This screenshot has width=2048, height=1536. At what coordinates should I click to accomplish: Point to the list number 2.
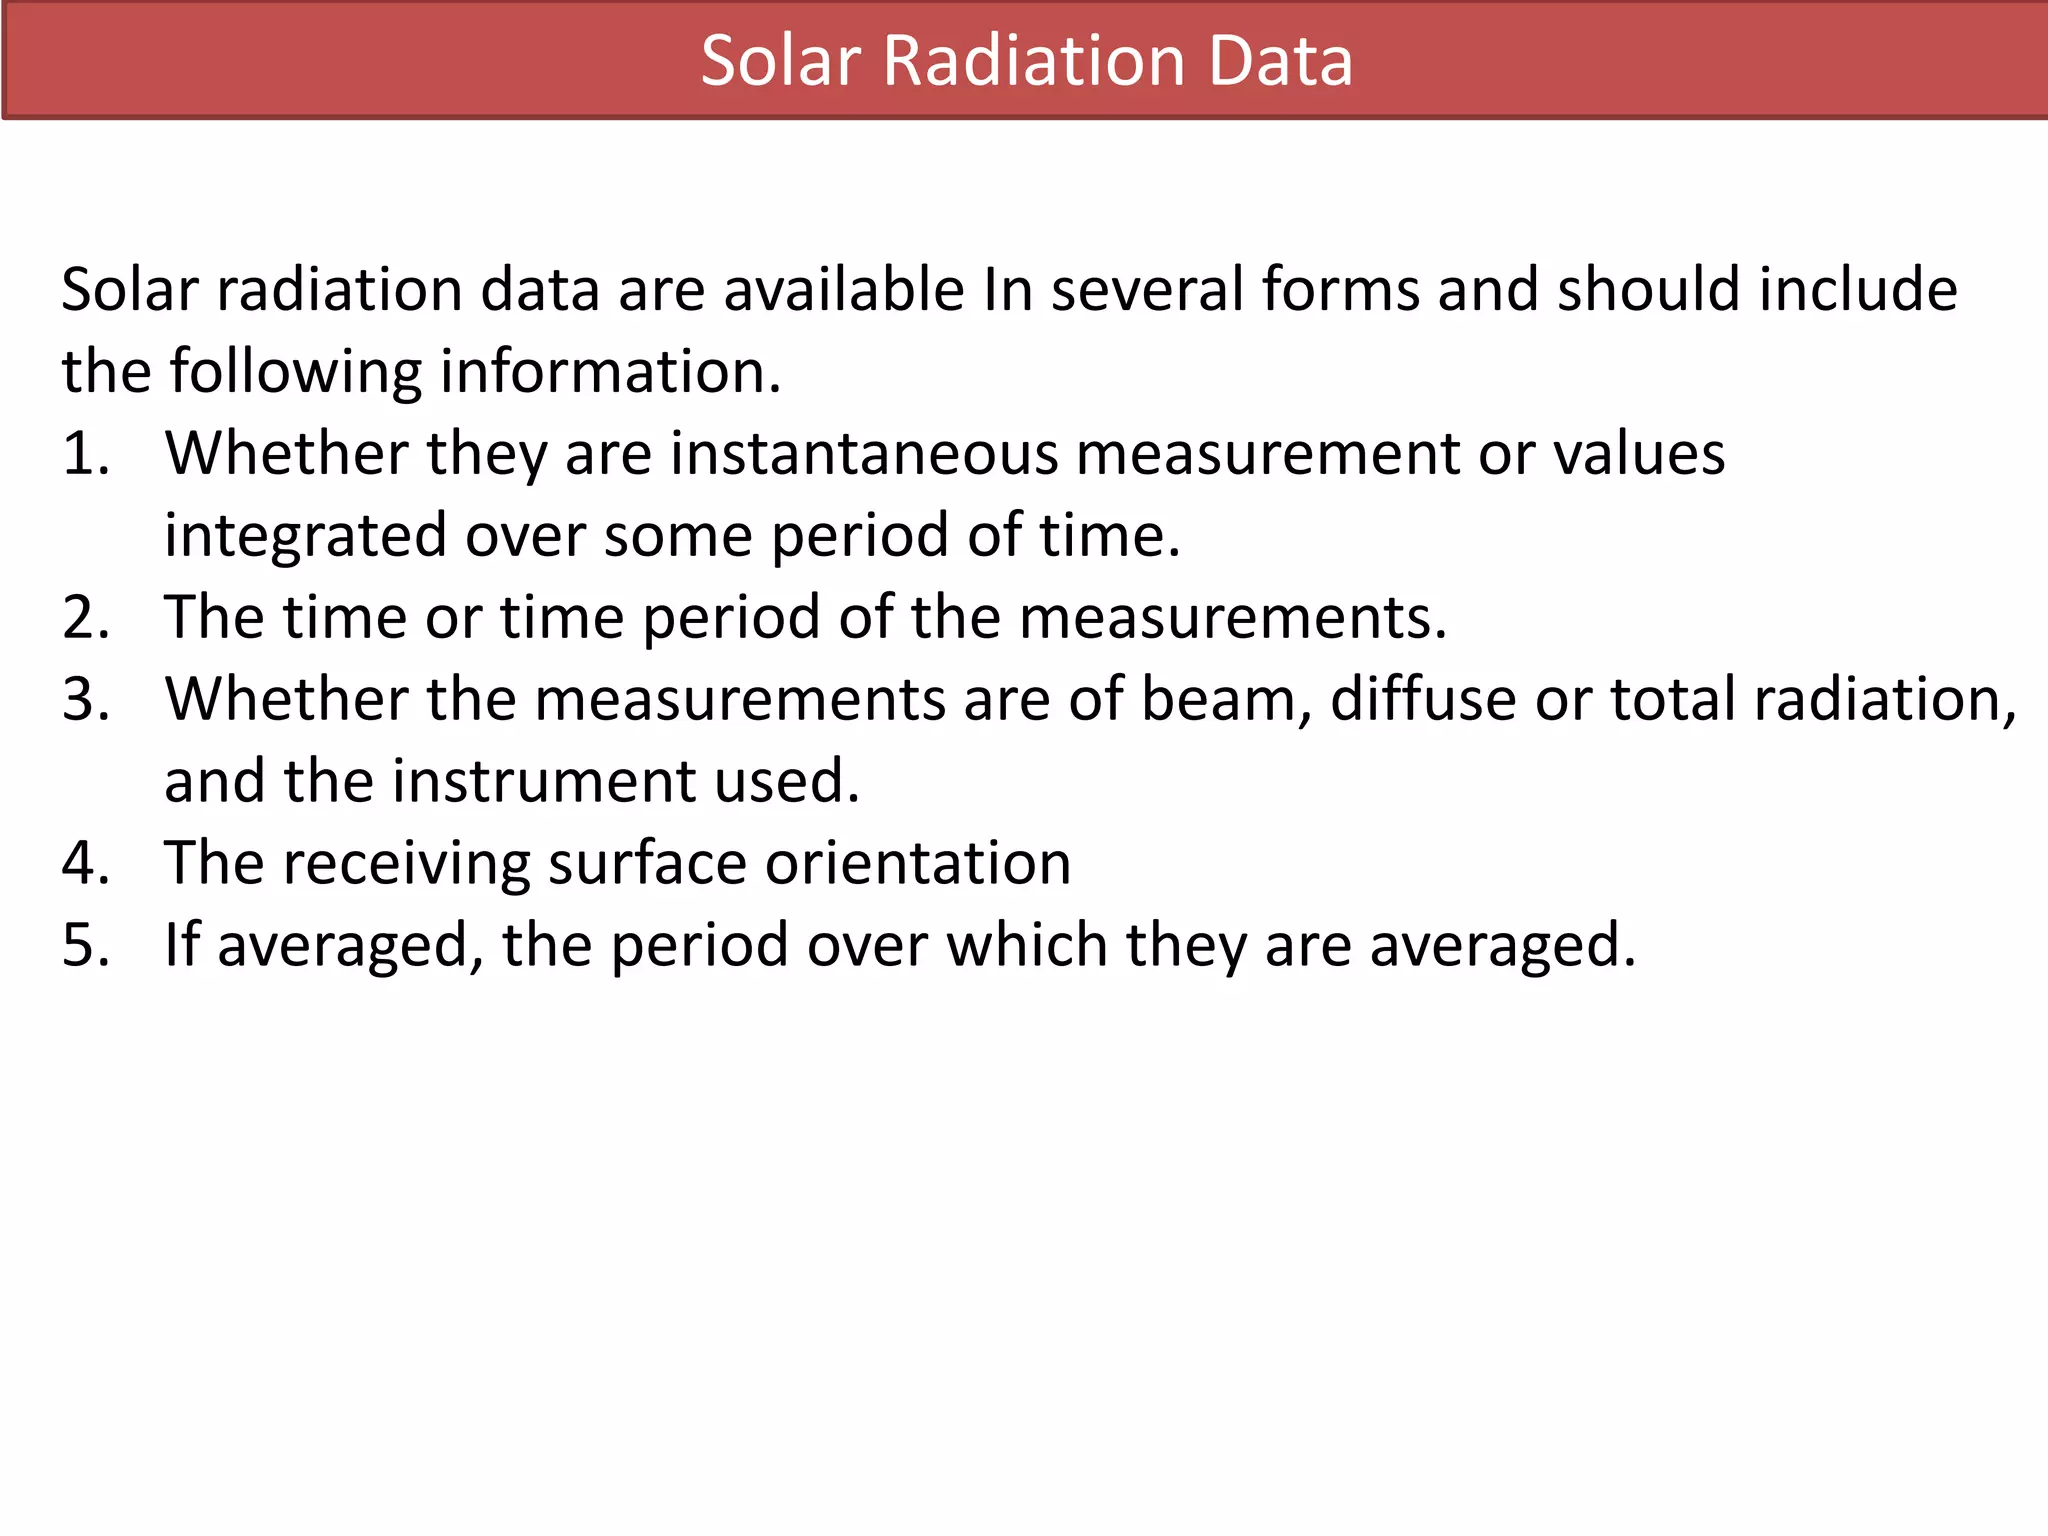click(84, 617)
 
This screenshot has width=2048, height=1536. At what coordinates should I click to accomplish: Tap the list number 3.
click(84, 699)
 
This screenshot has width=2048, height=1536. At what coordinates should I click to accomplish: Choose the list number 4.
click(84, 863)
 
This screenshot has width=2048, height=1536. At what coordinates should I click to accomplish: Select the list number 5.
click(84, 945)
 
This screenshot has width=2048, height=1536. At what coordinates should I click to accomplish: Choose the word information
click(610, 372)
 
